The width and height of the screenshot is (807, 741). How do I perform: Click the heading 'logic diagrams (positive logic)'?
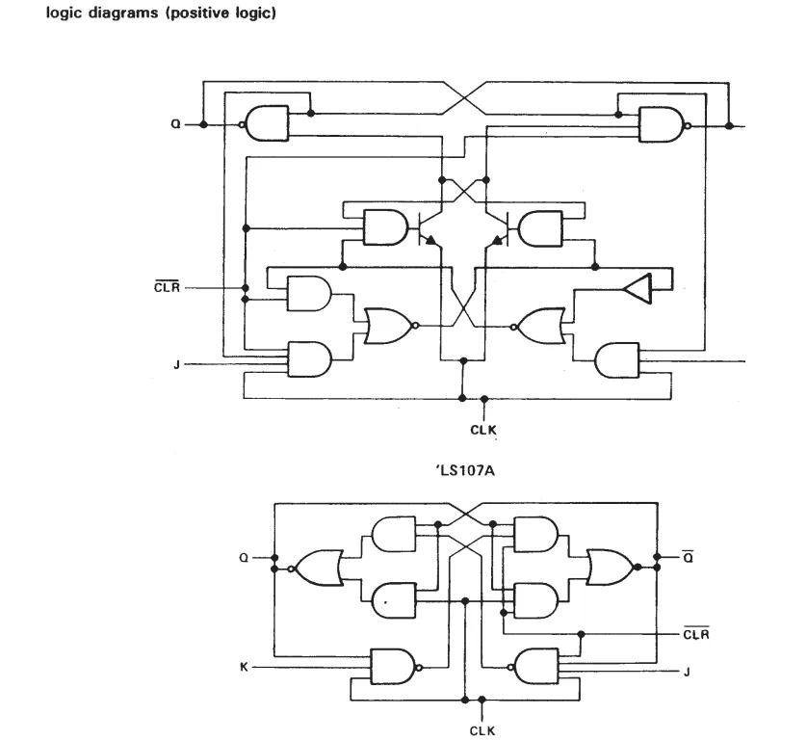(x=161, y=13)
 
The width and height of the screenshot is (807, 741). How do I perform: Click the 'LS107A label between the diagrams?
(x=465, y=470)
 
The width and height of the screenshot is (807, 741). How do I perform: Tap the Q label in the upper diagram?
(x=175, y=124)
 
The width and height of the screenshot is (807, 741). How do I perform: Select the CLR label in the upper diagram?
(x=167, y=287)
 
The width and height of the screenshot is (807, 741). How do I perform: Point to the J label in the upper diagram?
(x=176, y=364)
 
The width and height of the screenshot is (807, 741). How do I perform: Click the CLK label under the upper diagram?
(x=483, y=430)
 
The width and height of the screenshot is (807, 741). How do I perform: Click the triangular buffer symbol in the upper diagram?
(x=638, y=288)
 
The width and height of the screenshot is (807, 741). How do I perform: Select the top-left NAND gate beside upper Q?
(x=266, y=123)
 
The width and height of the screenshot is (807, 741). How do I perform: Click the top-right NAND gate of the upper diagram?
(x=663, y=124)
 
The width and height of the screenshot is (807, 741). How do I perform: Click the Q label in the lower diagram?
(x=244, y=558)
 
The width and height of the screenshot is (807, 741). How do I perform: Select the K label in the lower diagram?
(x=244, y=668)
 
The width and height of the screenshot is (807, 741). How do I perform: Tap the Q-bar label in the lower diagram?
(x=688, y=557)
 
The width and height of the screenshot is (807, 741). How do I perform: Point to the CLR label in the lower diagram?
(x=696, y=633)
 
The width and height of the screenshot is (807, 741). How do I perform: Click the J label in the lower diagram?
(x=687, y=672)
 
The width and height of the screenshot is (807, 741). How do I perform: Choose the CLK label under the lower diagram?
(x=482, y=730)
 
